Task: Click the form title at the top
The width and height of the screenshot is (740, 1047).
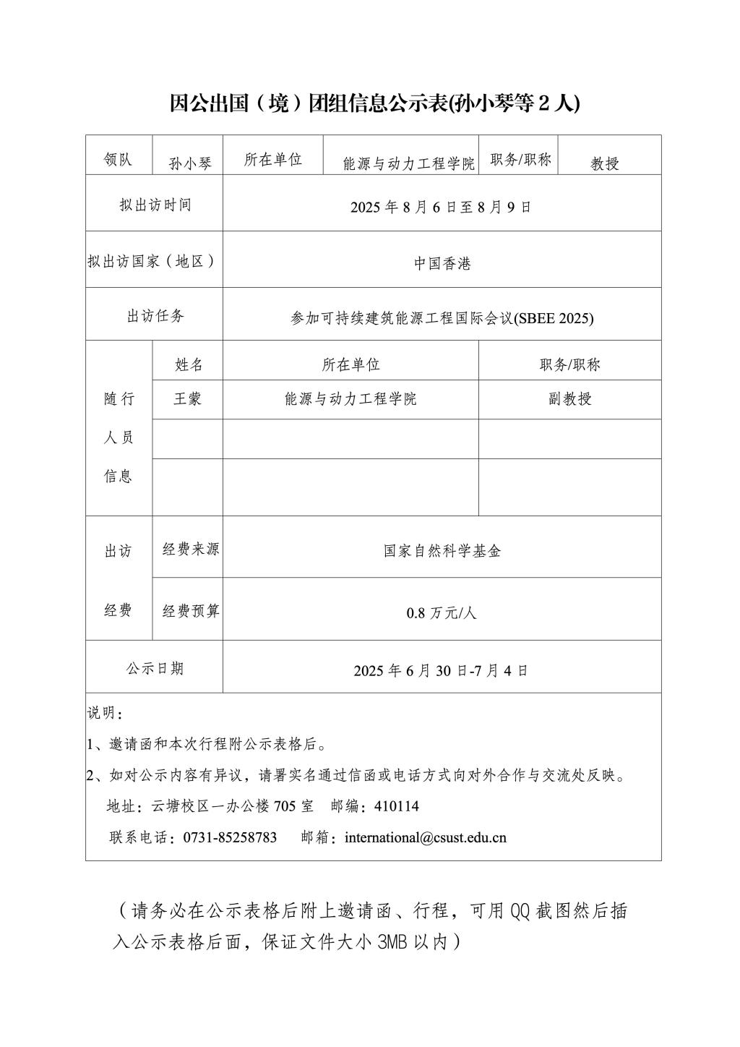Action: click(x=374, y=103)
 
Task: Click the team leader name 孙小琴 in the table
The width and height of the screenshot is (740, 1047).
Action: click(x=191, y=163)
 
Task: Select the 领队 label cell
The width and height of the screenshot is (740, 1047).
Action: click(x=118, y=160)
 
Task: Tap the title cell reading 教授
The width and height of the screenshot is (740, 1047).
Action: click(x=605, y=163)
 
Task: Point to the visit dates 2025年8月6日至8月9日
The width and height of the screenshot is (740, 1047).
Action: click(x=441, y=207)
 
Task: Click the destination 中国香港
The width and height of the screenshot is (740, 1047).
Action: click(x=442, y=264)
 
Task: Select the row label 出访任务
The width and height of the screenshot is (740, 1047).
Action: click(x=155, y=316)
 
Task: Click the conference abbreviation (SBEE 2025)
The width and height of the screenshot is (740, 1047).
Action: click(x=553, y=318)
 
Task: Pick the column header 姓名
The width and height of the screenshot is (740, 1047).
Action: click(x=189, y=364)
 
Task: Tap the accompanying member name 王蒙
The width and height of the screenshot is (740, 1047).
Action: click(x=188, y=398)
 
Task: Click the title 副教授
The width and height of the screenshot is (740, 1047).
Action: click(x=570, y=398)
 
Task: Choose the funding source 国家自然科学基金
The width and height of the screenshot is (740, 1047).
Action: click(x=442, y=551)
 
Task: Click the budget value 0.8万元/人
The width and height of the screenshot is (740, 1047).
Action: click(x=442, y=614)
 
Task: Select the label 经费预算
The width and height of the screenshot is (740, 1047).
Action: click(x=191, y=611)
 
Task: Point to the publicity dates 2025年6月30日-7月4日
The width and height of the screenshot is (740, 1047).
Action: click(x=441, y=670)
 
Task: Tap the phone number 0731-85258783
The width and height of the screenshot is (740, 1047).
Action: click(x=230, y=837)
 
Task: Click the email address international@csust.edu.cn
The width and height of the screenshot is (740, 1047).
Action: click(x=426, y=837)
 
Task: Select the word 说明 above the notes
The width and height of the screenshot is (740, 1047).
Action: click(x=102, y=713)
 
